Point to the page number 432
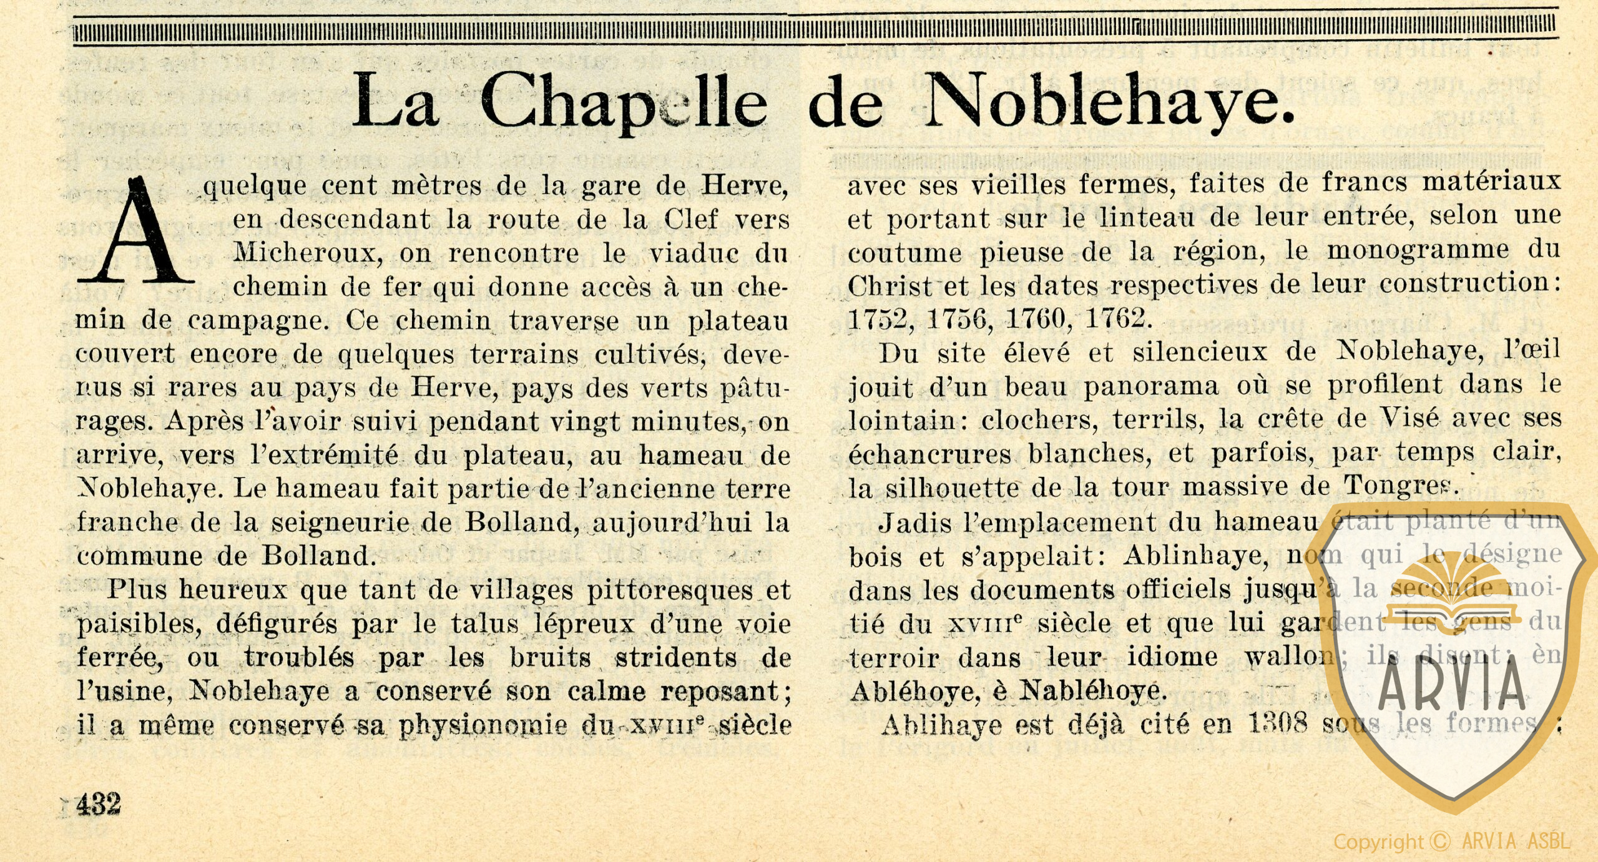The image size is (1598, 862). tap(99, 804)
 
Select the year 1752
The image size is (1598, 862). tap(880, 319)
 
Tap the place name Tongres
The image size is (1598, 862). tap(1401, 485)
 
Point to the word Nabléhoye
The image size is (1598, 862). tap(1092, 690)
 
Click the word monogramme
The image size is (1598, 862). tap(1418, 250)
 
